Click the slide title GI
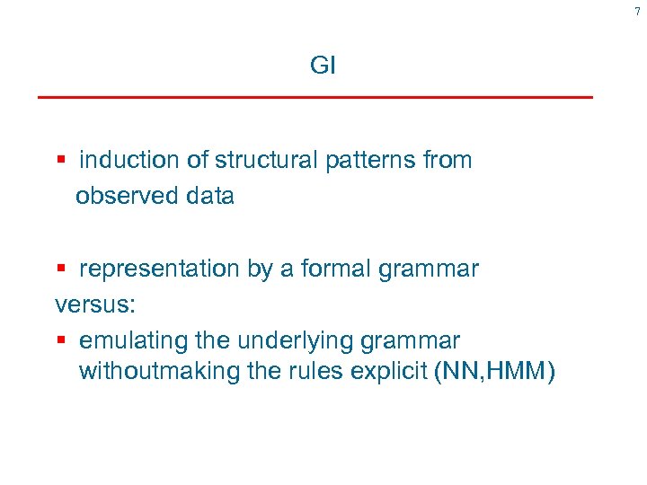pos(323,66)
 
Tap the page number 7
pos(637,11)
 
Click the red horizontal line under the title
pos(315,96)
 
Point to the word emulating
pos(130,341)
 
